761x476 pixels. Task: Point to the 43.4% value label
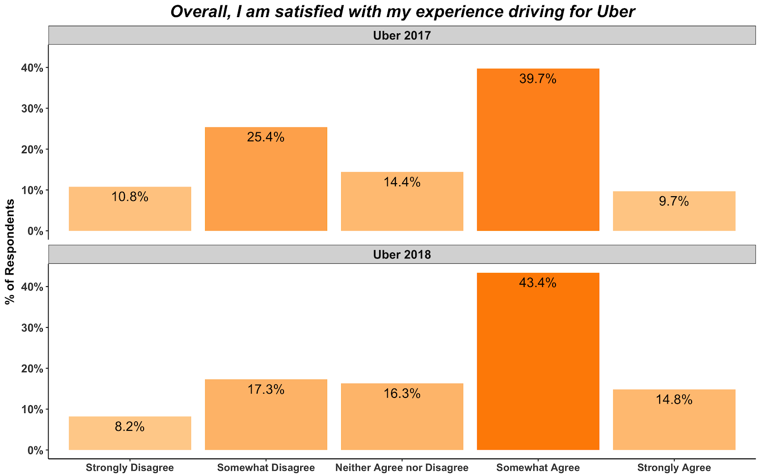[x=538, y=283]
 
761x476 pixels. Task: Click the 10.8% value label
[x=130, y=197]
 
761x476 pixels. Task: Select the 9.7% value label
[x=674, y=201]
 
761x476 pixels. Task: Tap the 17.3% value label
[x=266, y=389]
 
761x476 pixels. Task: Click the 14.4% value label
[x=402, y=182]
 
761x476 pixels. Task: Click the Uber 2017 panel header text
[x=402, y=35]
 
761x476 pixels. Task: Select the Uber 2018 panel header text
[x=402, y=255]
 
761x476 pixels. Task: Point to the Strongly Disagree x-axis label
[x=130, y=467]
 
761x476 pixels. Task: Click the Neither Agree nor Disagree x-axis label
[x=402, y=467]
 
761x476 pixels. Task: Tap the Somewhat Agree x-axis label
[x=538, y=467]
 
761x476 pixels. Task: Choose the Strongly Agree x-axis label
[x=674, y=467]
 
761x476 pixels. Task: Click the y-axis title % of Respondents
[x=10, y=251]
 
